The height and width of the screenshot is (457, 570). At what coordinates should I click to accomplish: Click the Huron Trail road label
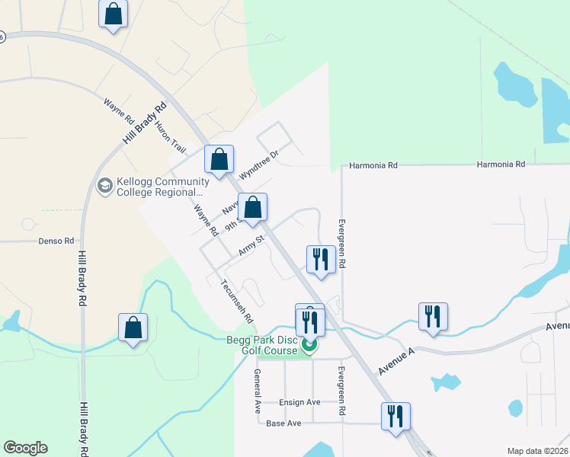click(x=171, y=136)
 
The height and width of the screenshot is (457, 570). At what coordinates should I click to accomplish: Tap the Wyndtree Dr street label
click(x=260, y=164)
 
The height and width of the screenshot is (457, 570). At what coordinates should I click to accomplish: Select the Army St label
click(x=251, y=245)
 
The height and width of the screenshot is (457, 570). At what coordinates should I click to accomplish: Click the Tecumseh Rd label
click(x=236, y=301)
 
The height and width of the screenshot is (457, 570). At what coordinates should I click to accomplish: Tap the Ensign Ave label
click(x=300, y=402)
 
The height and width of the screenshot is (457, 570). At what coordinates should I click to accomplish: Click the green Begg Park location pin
click(x=309, y=346)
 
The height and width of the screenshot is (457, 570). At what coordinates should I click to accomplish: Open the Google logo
click(x=25, y=448)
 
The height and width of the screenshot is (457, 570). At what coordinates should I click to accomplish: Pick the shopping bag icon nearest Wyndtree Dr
click(x=219, y=160)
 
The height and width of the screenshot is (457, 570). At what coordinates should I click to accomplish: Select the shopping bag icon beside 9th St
click(x=253, y=207)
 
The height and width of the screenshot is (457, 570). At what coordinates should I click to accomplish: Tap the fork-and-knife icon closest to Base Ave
click(x=395, y=417)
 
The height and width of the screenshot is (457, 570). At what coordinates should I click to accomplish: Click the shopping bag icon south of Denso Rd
click(x=133, y=328)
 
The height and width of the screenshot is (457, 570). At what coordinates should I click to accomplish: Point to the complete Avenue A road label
click(x=397, y=363)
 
